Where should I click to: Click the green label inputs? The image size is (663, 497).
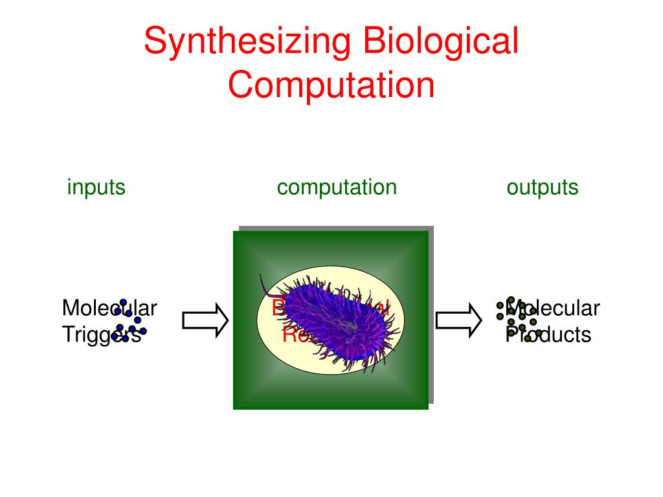[x=96, y=188]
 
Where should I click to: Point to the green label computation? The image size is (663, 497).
[x=336, y=188]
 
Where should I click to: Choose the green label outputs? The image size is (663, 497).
[x=542, y=188]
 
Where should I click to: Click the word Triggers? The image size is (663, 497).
[x=101, y=335]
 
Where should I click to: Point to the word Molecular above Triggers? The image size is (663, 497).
[x=109, y=308]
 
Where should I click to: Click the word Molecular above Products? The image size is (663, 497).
[x=557, y=308]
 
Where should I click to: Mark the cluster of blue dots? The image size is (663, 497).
[x=128, y=321]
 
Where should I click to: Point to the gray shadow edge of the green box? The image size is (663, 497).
[x=431, y=311]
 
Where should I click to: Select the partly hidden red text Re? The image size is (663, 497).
[x=290, y=335]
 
